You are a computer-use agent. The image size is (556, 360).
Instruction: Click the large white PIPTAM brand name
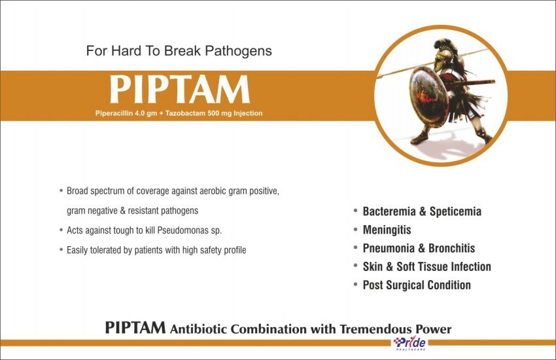(179, 89)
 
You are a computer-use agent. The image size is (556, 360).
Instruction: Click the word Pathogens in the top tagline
(238, 51)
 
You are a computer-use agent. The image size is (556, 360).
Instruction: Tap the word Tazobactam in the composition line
(184, 113)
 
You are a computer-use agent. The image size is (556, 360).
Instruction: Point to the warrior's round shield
(429, 96)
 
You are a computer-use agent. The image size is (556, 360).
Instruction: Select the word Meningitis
(387, 230)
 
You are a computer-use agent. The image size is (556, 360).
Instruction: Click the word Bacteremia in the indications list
(389, 211)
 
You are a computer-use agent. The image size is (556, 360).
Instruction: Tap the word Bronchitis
(452, 248)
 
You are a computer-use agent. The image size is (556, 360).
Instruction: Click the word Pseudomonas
(182, 230)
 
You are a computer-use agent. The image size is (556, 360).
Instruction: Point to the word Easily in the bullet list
(77, 251)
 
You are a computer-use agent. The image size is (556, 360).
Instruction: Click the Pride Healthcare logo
(410, 344)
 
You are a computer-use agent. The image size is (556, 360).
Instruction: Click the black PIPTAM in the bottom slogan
(135, 327)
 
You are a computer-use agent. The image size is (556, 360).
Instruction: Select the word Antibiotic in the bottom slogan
(198, 329)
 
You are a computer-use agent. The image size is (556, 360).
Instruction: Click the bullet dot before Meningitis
(355, 230)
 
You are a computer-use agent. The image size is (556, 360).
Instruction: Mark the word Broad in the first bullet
(77, 191)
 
